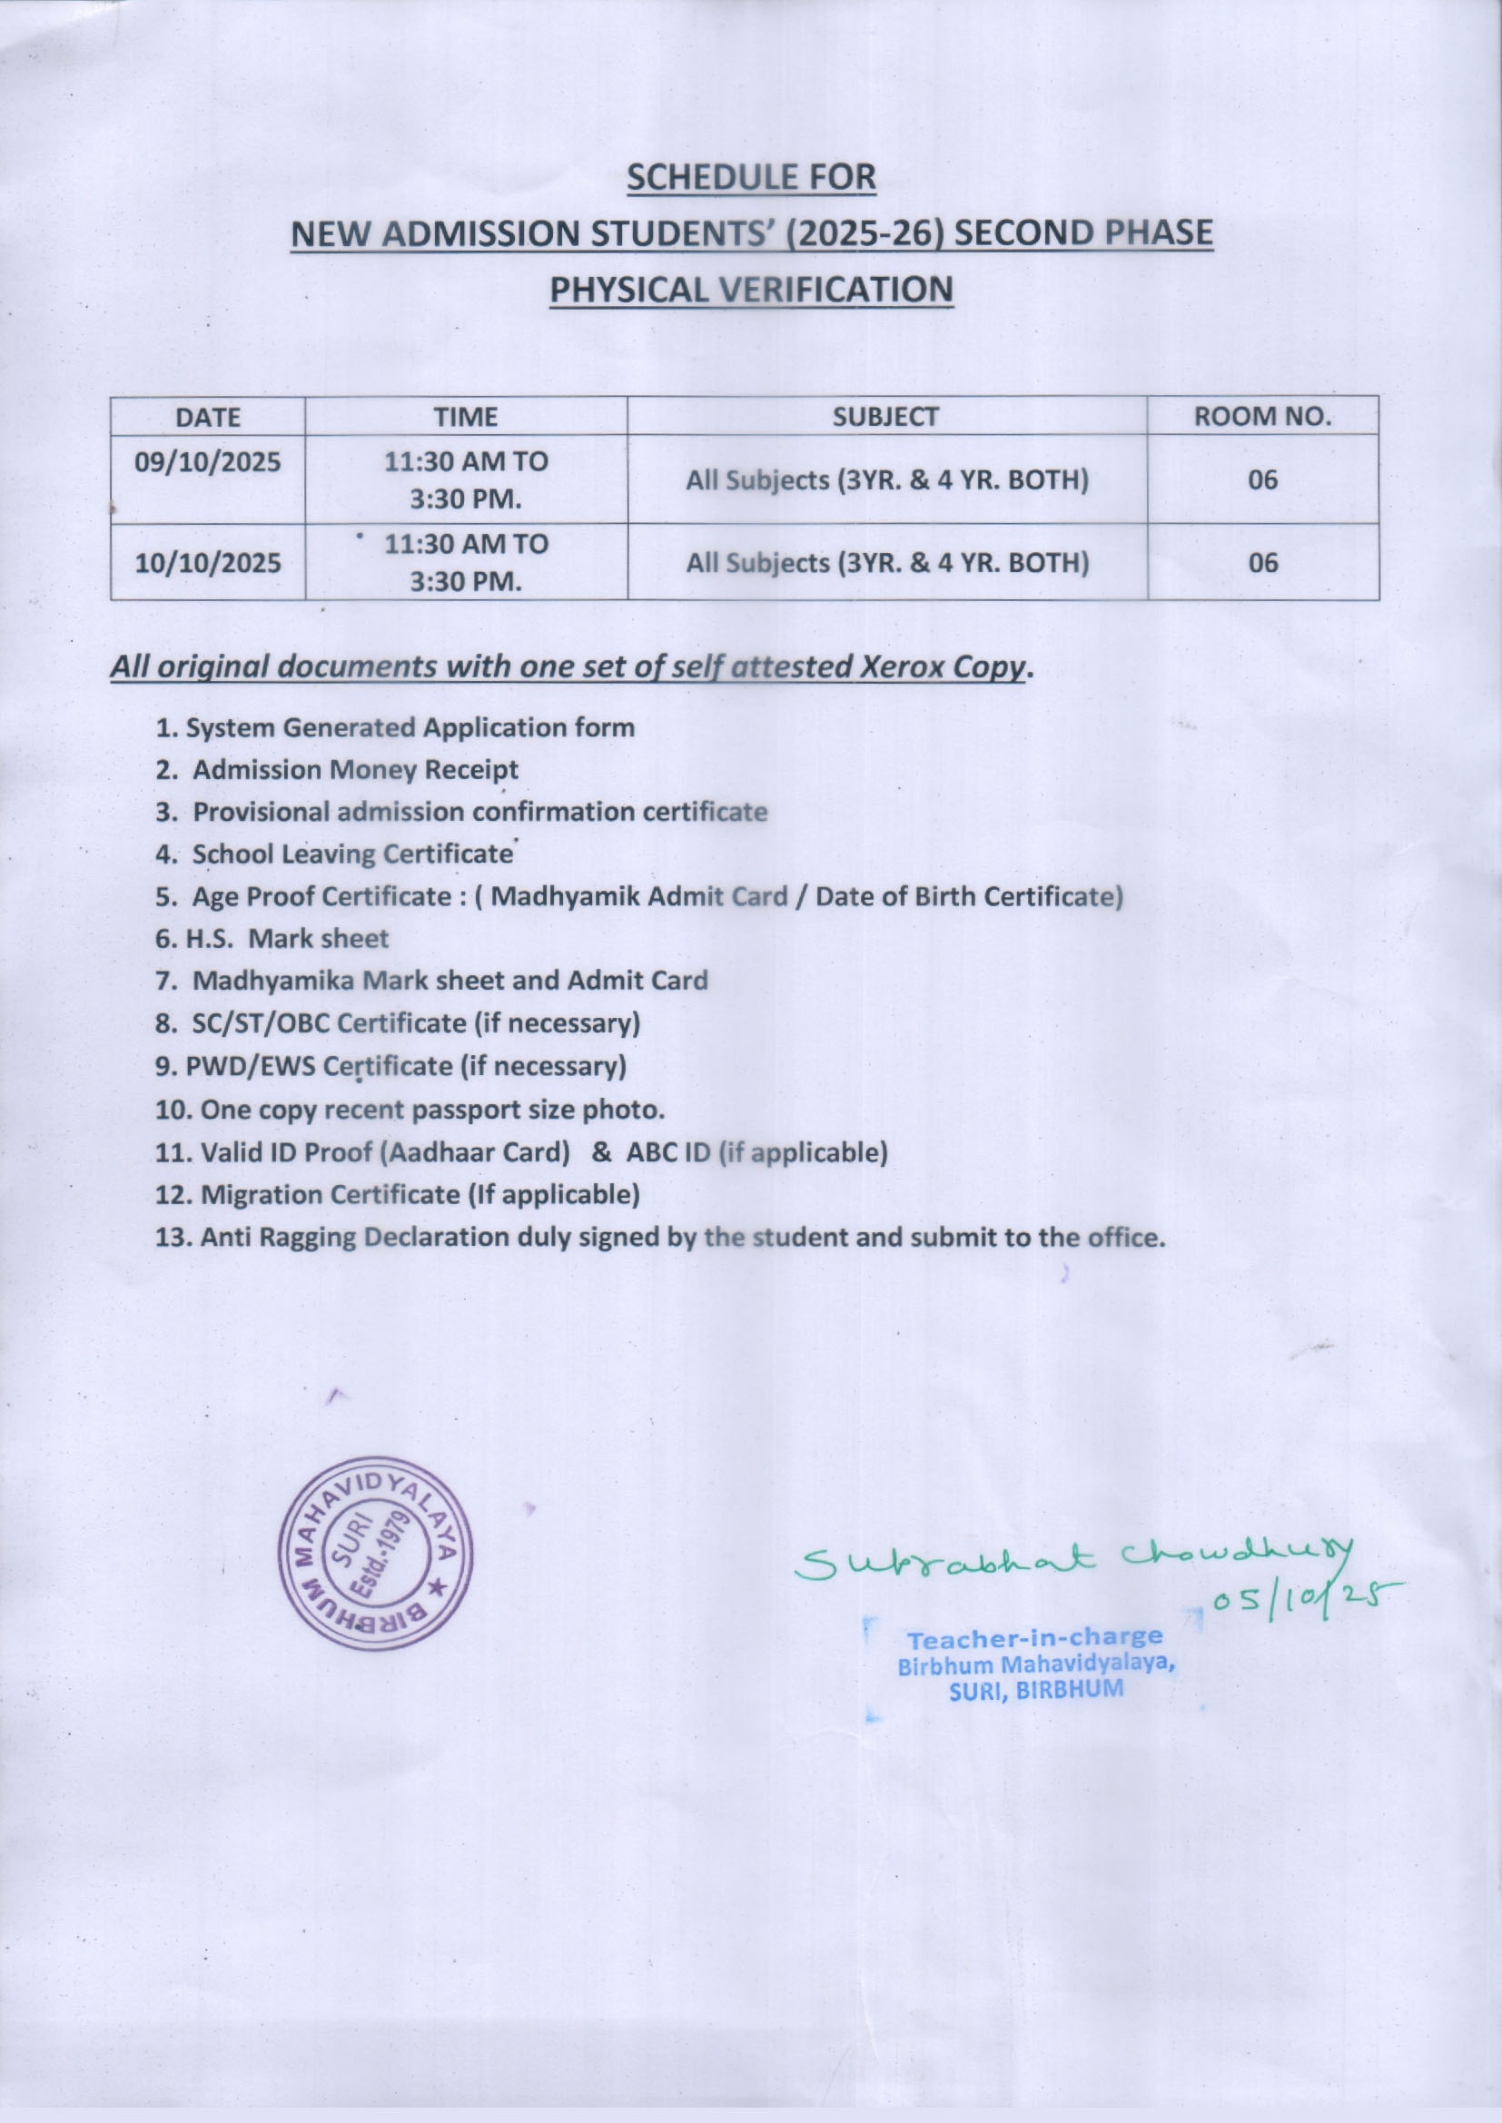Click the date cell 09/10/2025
[208, 461]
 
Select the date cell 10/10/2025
[208, 562]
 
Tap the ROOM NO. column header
[1262, 417]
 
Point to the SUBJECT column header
[886, 417]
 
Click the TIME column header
[466, 417]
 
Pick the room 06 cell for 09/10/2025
[1262, 479]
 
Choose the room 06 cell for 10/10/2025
[1262, 562]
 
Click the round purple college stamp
[376, 1554]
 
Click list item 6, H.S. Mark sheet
[272, 939]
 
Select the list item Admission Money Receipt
[354, 769]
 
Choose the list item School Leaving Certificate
[351, 854]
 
